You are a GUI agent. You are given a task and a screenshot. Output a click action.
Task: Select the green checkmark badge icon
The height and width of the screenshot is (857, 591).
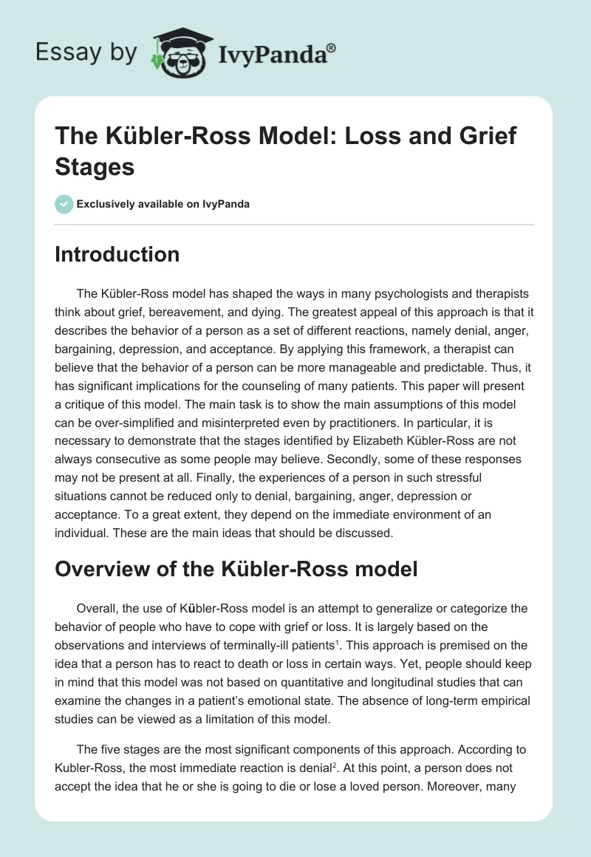64,204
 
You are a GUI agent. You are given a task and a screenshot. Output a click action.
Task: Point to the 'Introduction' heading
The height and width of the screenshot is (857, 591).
117,254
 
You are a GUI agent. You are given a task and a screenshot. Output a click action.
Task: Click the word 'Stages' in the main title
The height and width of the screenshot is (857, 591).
95,166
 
